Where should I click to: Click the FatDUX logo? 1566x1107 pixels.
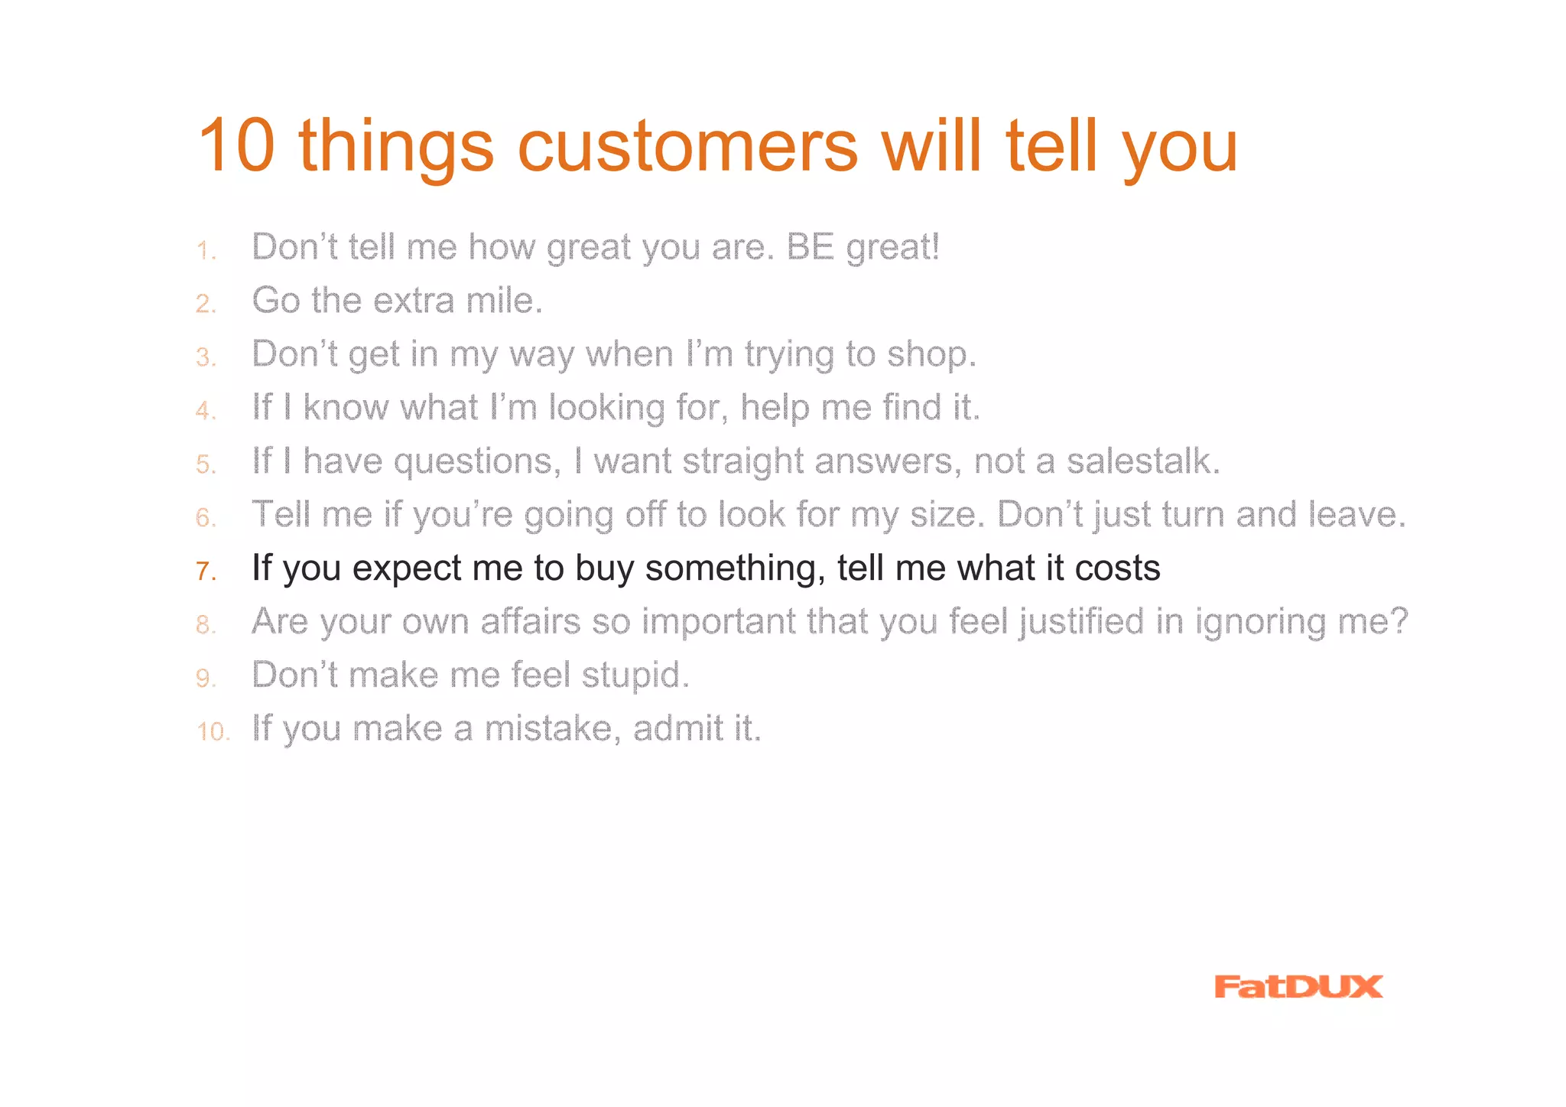1298,986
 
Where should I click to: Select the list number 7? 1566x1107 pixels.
204,571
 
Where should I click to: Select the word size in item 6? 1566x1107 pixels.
946,515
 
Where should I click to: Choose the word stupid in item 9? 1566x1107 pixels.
635,676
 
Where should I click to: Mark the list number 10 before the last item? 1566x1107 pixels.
213,731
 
